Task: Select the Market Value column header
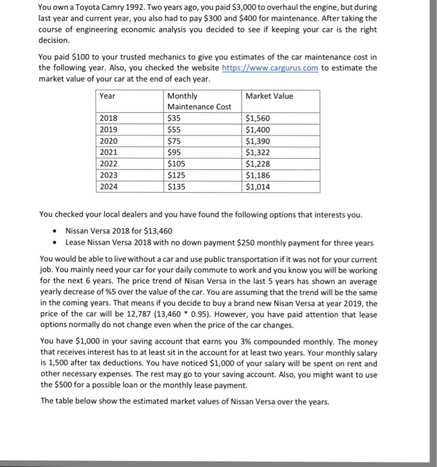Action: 269,96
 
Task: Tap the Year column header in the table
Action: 107,96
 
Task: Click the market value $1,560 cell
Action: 258,118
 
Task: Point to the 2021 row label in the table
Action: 108,153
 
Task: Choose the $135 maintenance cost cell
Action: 177,187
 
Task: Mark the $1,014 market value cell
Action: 258,187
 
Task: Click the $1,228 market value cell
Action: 258,164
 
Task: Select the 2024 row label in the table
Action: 108,187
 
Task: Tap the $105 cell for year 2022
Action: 177,164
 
